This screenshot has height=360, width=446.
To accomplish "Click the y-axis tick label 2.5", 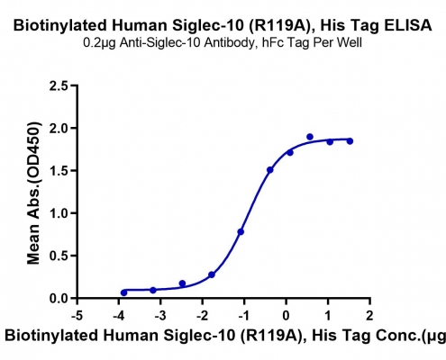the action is click(59, 85).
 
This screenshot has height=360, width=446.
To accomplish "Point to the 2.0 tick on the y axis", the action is click(59, 129).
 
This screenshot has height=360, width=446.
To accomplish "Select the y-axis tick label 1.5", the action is click(59, 171).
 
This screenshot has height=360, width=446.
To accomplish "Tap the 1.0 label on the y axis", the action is click(59, 213).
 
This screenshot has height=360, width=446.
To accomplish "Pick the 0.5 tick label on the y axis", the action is click(59, 256).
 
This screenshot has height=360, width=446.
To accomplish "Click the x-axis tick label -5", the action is click(77, 316).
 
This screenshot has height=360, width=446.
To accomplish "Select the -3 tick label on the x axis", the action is click(160, 316).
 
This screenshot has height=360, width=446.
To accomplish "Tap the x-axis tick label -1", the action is click(244, 316).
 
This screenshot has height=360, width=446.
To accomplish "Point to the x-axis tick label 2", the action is click(369, 316).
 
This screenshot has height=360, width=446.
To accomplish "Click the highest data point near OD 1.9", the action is click(310, 137).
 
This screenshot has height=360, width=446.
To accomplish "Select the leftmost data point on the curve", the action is click(123, 292).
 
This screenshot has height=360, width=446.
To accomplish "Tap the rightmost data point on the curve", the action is click(350, 141).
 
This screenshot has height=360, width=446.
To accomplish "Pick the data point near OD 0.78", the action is click(241, 231).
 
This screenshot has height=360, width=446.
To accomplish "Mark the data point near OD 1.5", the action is click(270, 170).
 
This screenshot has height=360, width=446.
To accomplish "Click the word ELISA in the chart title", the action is click(408, 25).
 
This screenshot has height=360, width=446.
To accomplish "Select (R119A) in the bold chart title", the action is click(281, 26).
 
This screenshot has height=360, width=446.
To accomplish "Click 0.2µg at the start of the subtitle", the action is click(100, 44).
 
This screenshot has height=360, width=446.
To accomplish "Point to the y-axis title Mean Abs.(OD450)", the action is click(33, 193).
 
